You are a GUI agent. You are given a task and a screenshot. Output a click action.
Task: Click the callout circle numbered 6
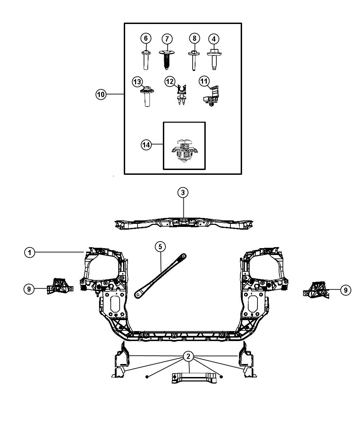point(146,38)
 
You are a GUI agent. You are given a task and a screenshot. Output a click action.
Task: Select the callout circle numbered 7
point(167,39)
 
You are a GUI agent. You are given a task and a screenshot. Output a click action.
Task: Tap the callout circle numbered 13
point(137,82)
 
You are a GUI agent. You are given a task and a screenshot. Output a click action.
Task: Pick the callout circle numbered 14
point(146,145)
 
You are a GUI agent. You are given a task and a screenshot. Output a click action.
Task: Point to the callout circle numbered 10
point(101,94)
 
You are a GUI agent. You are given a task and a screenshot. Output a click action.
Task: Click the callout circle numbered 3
point(183,193)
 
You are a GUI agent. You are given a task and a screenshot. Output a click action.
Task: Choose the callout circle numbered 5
point(160,246)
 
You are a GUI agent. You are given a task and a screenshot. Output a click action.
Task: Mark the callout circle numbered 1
point(29,252)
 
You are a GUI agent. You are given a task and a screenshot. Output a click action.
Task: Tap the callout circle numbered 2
point(188,356)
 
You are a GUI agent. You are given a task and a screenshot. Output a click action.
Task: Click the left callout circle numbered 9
point(29,289)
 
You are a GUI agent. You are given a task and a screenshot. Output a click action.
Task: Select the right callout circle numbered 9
point(346,290)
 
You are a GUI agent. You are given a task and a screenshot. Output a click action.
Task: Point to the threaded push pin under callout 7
point(167,60)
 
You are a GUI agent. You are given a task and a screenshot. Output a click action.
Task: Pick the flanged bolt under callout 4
point(214,59)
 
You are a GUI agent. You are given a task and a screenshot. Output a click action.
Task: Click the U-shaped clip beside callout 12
point(181,94)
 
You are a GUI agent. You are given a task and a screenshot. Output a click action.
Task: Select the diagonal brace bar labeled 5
point(160,276)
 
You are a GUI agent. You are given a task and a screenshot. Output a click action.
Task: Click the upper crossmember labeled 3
point(184,223)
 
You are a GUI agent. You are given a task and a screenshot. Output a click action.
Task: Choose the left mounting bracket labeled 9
point(60,287)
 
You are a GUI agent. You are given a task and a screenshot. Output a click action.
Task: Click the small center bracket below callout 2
point(194,378)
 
